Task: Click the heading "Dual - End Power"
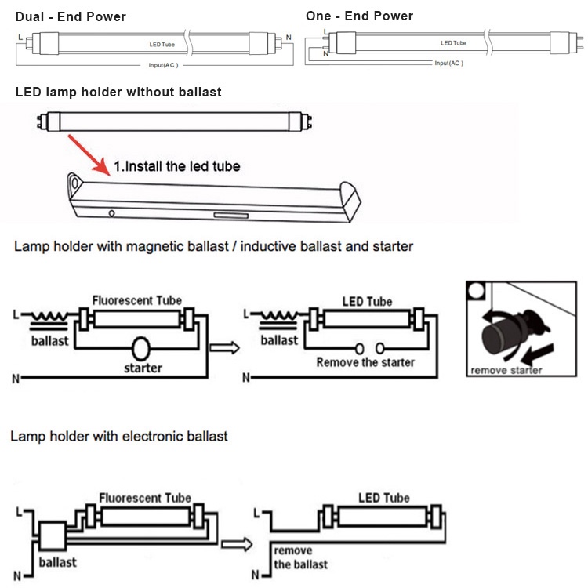click(x=71, y=16)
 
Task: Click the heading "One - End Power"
click(x=359, y=16)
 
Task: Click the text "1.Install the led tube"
click(x=177, y=166)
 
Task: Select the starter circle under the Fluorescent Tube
click(x=142, y=347)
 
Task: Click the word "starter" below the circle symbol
click(x=143, y=368)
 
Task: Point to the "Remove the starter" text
click(x=365, y=361)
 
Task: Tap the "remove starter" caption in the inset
click(x=506, y=370)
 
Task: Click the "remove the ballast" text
click(x=300, y=557)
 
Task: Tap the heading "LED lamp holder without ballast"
click(x=118, y=93)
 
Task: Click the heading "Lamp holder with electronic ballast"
click(x=119, y=436)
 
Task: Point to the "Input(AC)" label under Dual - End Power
click(x=163, y=65)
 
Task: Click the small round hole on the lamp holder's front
click(x=112, y=212)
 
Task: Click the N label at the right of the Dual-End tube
click(x=288, y=38)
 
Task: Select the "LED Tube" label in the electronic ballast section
click(x=383, y=498)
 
